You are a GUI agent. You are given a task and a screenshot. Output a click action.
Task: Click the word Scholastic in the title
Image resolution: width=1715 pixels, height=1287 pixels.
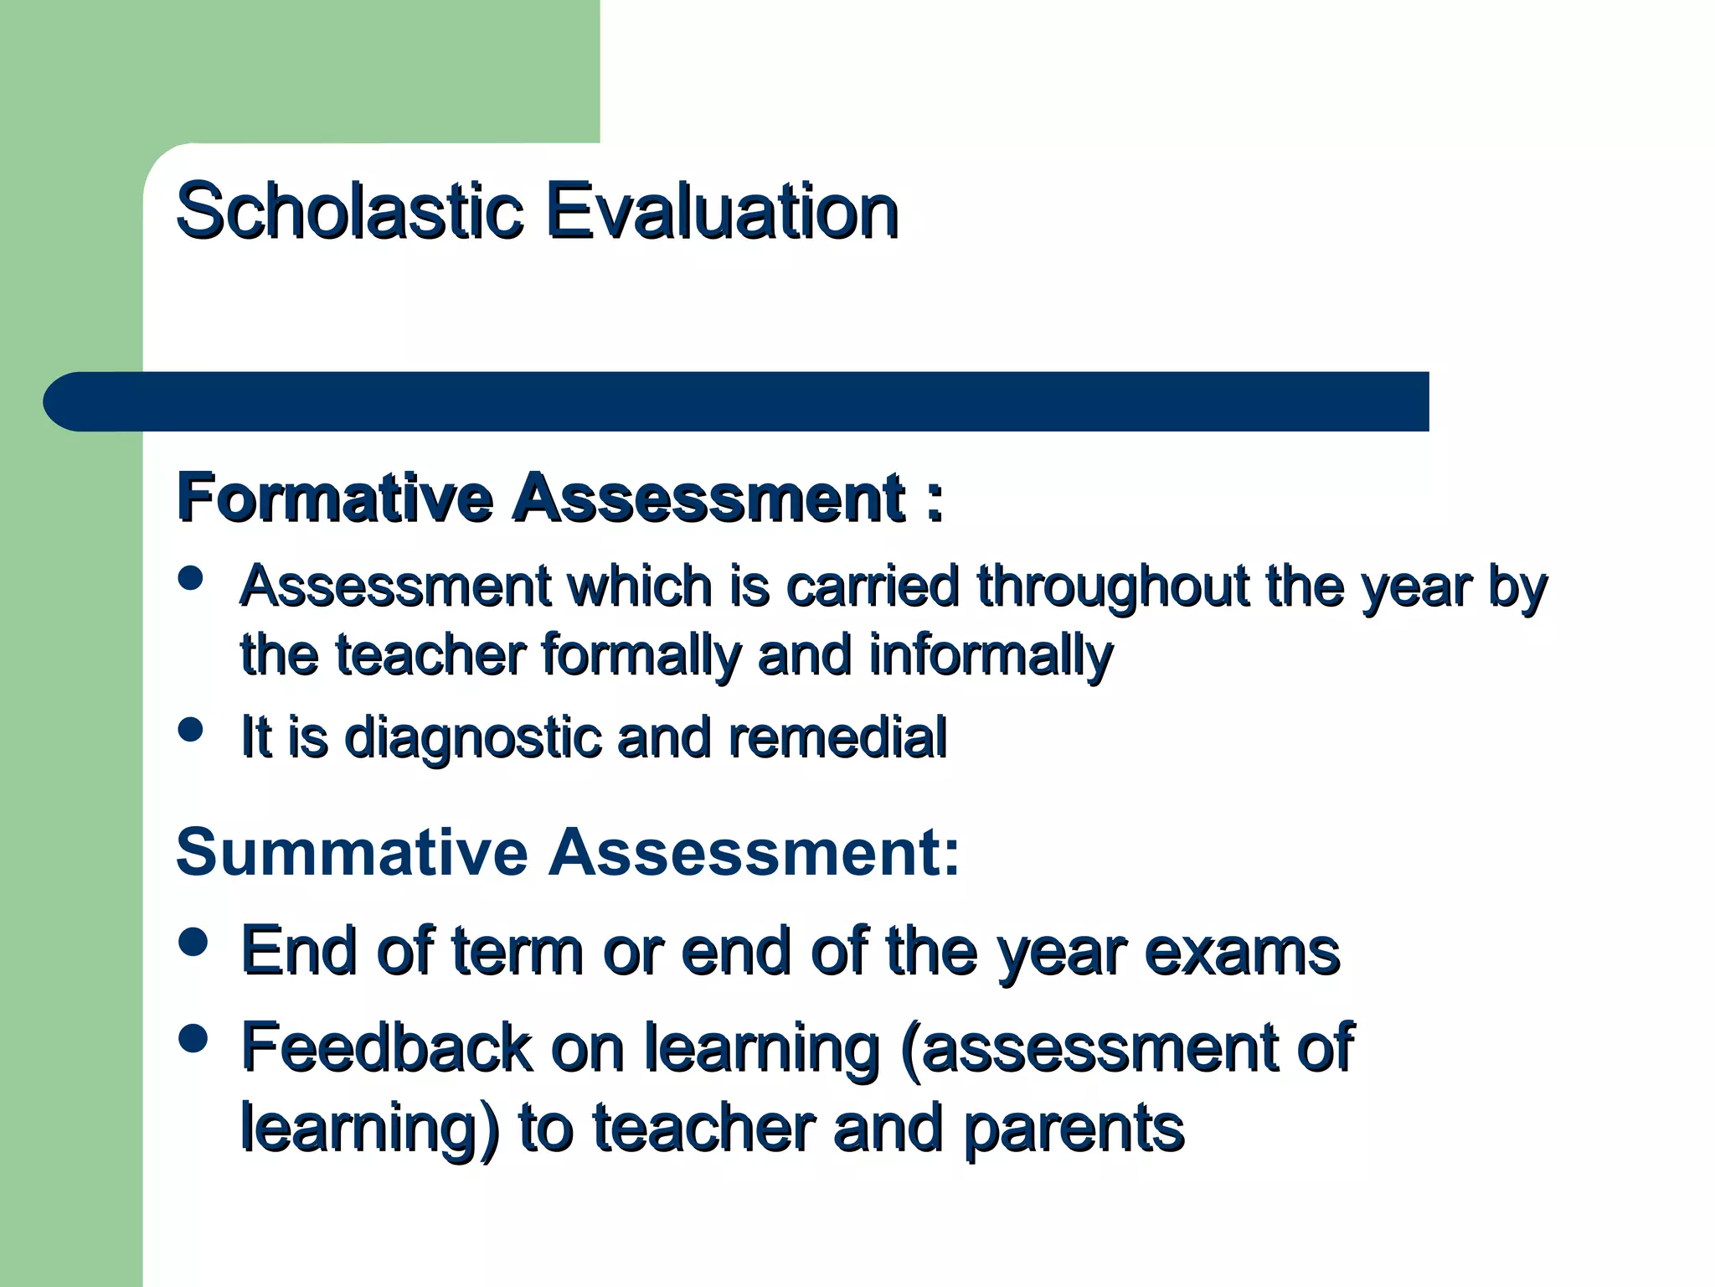(349, 211)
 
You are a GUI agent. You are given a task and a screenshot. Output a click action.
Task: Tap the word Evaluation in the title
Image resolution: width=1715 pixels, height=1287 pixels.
(722, 211)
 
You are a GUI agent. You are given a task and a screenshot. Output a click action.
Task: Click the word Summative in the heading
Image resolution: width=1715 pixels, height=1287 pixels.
(352, 852)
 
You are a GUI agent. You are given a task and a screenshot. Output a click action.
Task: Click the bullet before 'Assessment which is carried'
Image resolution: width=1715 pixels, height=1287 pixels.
(192, 578)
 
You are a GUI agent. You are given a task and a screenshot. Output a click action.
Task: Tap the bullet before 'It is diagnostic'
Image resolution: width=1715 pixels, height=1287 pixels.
(192, 729)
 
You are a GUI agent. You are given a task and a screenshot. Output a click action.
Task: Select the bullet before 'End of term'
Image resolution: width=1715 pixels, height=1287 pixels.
(193, 941)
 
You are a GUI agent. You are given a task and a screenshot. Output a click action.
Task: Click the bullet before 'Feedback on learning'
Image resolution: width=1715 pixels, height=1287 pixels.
(193, 1039)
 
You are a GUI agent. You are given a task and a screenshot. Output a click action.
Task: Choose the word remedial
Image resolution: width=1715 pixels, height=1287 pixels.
(837, 737)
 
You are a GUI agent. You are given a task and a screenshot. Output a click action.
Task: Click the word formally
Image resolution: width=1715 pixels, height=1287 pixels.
(641, 656)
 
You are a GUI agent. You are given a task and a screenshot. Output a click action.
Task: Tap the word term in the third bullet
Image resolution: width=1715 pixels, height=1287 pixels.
(517, 953)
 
